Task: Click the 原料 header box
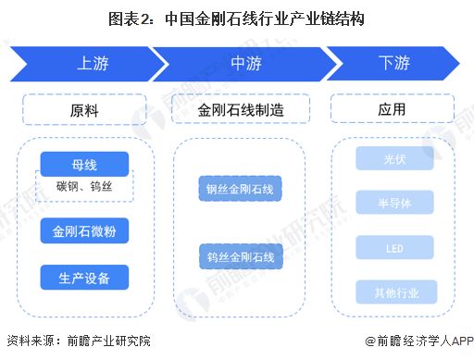[83, 109]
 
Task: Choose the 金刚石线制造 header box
[240, 109]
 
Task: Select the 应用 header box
[392, 109]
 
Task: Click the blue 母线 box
[83, 165]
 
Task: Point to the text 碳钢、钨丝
[83, 187]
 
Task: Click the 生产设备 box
[83, 275]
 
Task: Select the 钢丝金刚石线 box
[240, 190]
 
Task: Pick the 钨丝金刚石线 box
[240, 255]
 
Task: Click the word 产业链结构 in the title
[322, 18]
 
